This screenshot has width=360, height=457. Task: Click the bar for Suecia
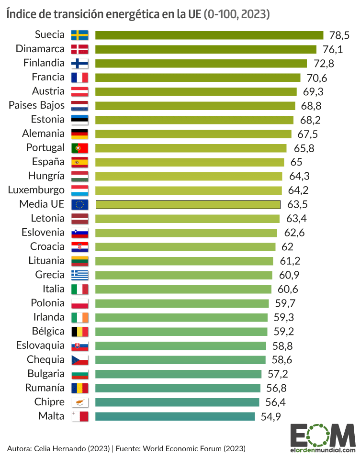(x=209, y=35)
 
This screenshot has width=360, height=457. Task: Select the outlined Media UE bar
(x=188, y=205)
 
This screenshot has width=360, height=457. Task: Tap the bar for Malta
(x=175, y=416)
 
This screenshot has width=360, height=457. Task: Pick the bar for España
(x=190, y=162)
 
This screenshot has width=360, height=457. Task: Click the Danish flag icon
(x=79, y=49)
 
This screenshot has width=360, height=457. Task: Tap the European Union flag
(x=79, y=205)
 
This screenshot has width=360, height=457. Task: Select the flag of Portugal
(x=79, y=148)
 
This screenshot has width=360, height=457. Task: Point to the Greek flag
(x=79, y=275)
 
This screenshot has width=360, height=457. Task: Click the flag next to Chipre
(x=79, y=402)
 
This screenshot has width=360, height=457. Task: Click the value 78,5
(x=339, y=35)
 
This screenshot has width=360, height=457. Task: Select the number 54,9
(x=270, y=416)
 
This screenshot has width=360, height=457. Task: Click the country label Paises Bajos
(x=36, y=106)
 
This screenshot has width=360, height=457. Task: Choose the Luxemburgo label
(x=36, y=190)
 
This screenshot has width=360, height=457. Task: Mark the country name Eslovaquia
(x=40, y=346)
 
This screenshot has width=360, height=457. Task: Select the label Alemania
(x=43, y=134)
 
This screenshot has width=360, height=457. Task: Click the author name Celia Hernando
(x=61, y=448)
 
